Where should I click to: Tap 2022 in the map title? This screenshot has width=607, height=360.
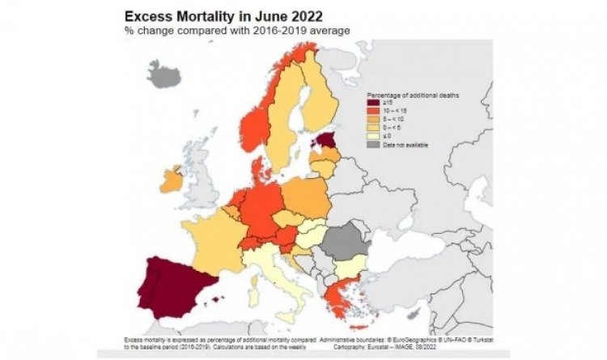pos(296,15)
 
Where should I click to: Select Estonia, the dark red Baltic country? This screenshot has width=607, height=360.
pos(325,141)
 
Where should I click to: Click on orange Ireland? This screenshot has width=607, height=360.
pos(172,180)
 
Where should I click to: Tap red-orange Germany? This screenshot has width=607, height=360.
pos(263,205)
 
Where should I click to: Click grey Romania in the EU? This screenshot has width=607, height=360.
pos(345,242)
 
